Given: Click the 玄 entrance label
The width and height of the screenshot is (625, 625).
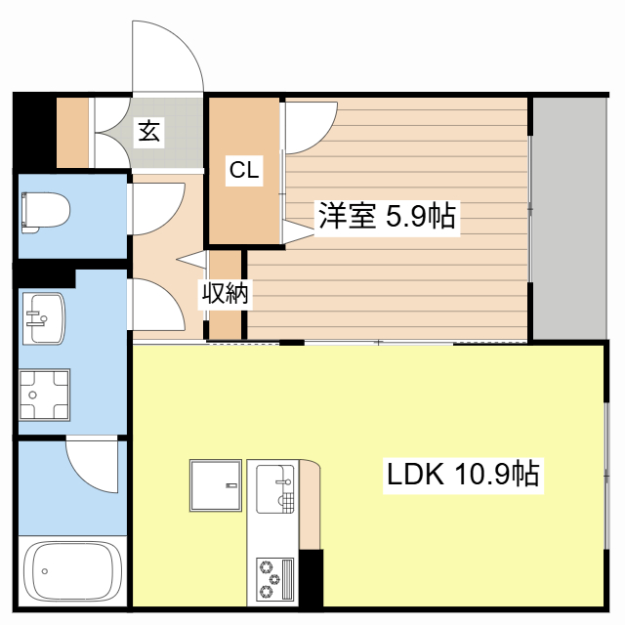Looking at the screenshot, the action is (x=148, y=132).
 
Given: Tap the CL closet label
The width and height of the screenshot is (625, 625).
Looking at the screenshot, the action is (x=244, y=170).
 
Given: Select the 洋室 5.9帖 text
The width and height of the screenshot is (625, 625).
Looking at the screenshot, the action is (x=387, y=217).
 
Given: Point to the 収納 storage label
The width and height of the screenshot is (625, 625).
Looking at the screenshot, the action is (x=226, y=293).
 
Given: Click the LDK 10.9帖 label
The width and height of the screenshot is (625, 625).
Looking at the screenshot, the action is (x=463, y=474).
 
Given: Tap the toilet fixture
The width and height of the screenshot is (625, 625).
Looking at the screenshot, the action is (x=46, y=212).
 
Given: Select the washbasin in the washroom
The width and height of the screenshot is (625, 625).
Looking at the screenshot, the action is (x=43, y=318).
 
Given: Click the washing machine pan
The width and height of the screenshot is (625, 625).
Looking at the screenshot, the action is (x=44, y=395).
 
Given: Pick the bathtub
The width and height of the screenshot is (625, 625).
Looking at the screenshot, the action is (x=72, y=571).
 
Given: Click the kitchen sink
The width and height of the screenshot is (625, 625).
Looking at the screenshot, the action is (x=275, y=488).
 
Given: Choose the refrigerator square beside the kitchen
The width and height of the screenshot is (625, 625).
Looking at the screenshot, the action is (x=216, y=485).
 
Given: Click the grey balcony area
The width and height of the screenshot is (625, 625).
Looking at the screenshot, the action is (x=569, y=218).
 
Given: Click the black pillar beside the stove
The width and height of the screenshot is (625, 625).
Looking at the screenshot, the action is (x=311, y=578).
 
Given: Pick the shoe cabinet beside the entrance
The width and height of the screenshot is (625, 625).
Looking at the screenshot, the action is (x=72, y=133).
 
